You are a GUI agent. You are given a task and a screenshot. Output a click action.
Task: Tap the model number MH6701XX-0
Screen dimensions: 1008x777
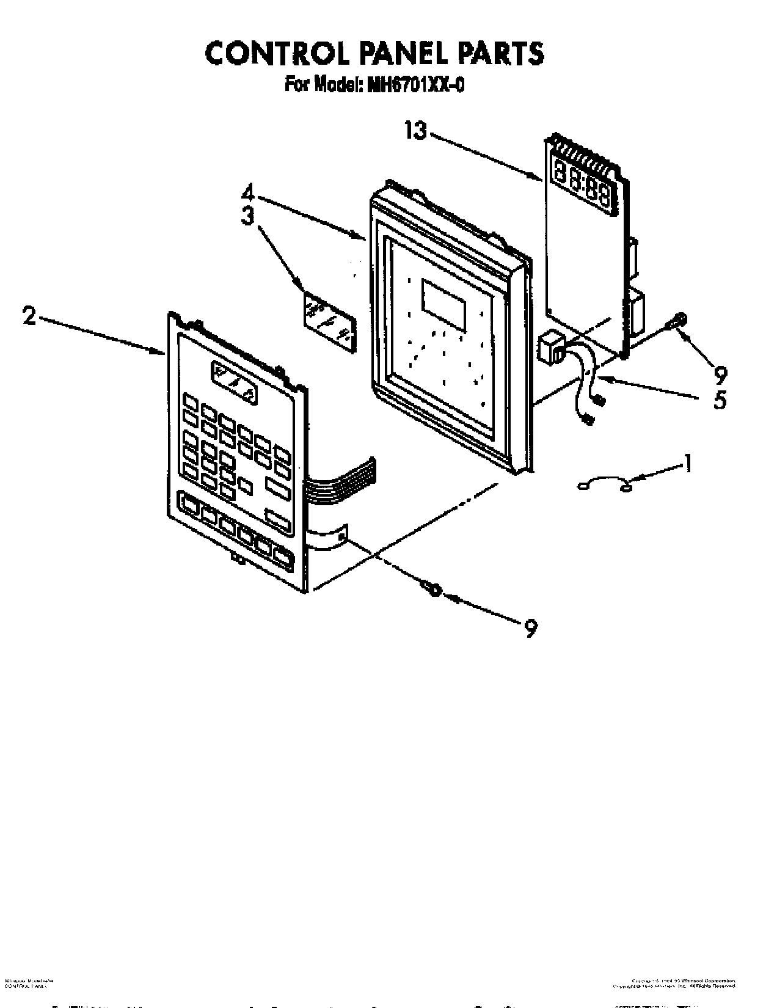pos(415,85)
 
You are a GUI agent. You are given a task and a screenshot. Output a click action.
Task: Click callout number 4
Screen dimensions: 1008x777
pos(247,194)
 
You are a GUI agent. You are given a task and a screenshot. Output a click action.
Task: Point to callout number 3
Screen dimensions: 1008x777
pos(247,217)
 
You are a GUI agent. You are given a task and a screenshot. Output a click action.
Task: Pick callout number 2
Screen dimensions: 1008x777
pos(29,316)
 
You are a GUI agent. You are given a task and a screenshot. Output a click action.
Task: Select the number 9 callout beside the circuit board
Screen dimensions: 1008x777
pos(720,372)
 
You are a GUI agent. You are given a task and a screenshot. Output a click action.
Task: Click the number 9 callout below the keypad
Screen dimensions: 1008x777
pos(530,627)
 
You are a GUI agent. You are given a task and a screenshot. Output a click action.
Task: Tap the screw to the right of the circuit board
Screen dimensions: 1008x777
pos(679,321)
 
